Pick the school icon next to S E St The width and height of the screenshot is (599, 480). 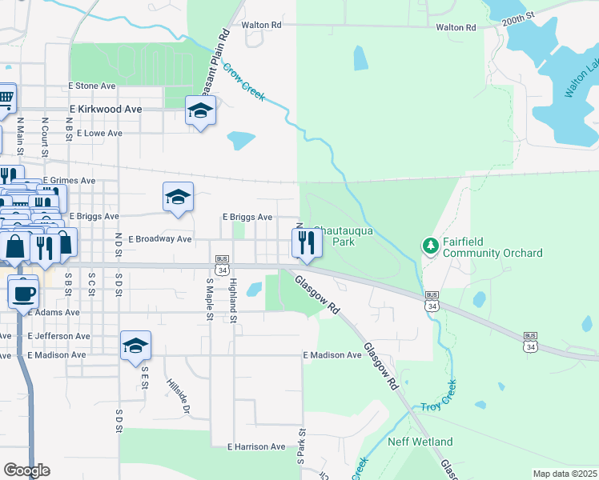(x=135, y=346)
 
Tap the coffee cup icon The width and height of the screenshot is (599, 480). (x=23, y=291)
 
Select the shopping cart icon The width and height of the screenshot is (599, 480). (x=6, y=99)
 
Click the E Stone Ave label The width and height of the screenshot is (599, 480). (x=92, y=86)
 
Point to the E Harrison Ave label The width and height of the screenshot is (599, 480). (x=256, y=446)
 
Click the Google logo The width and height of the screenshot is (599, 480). (x=26, y=470)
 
